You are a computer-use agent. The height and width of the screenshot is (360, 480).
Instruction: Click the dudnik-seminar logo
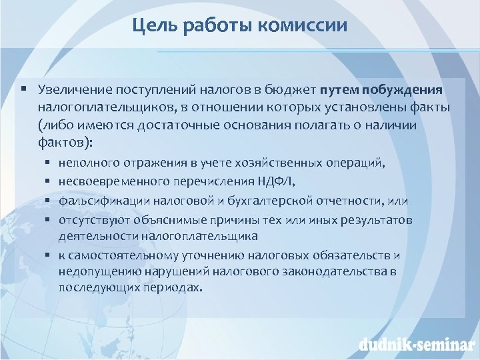tap(414, 345)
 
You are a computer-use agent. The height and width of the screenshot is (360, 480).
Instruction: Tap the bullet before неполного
tap(50, 162)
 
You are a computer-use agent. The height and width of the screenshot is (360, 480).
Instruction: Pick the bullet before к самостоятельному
tap(50, 255)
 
